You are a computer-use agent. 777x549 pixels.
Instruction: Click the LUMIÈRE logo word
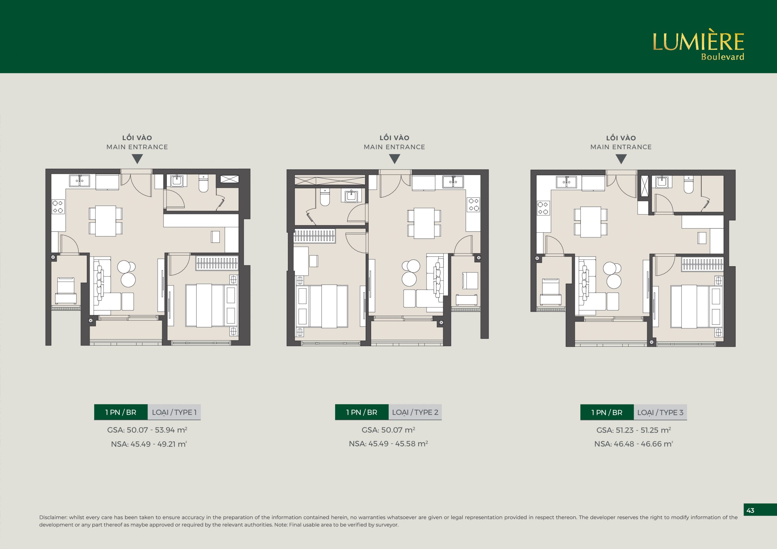(698, 42)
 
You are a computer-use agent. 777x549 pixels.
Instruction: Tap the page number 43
(750, 510)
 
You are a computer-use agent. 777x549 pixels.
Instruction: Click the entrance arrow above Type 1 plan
(137, 159)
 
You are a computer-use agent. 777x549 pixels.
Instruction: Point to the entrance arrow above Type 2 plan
(395, 159)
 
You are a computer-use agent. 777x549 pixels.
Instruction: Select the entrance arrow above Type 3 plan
(621, 159)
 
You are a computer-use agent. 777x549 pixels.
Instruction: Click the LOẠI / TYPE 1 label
(174, 412)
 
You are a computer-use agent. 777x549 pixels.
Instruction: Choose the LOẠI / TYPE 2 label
(415, 412)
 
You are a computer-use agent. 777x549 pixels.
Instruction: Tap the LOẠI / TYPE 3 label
(660, 412)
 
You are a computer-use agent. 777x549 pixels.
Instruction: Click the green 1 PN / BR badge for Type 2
(362, 412)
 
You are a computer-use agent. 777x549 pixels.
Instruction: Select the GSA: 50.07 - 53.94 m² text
(147, 430)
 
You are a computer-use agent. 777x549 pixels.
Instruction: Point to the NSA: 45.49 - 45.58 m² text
(388, 444)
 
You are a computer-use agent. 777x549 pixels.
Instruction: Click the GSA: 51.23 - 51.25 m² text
(633, 430)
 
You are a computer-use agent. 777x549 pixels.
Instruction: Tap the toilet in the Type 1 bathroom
(203, 183)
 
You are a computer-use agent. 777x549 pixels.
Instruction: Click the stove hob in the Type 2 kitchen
(473, 204)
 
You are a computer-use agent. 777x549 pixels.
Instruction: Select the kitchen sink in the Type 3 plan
(566, 182)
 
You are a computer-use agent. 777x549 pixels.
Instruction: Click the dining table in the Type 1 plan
(106, 221)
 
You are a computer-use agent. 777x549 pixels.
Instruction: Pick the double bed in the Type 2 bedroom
(322, 306)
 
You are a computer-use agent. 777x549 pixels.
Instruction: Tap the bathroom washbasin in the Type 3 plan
(662, 182)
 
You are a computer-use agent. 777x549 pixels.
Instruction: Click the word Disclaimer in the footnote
(53, 517)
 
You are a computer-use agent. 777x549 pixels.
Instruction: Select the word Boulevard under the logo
(722, 57)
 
